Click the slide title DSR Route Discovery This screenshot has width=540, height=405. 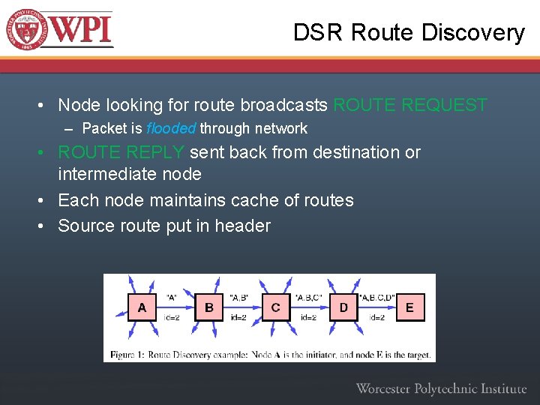pos(409,33)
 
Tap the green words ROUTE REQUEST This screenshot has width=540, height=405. pos(409,105)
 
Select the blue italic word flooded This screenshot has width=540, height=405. pos(171,128)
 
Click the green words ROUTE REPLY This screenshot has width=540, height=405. pos(121,152)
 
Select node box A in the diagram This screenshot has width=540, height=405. pos(142,307)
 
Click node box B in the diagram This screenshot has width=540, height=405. pos(209,307)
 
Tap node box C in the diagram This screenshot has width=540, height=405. pos(276,307)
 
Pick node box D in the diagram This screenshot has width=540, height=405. pos(343,307)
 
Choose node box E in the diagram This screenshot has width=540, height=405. pos(409,307)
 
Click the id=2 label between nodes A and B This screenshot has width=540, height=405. pos(172,318)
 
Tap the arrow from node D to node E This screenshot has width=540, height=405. pos(376,307)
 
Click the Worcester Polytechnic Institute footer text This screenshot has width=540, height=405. pos(441,388)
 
